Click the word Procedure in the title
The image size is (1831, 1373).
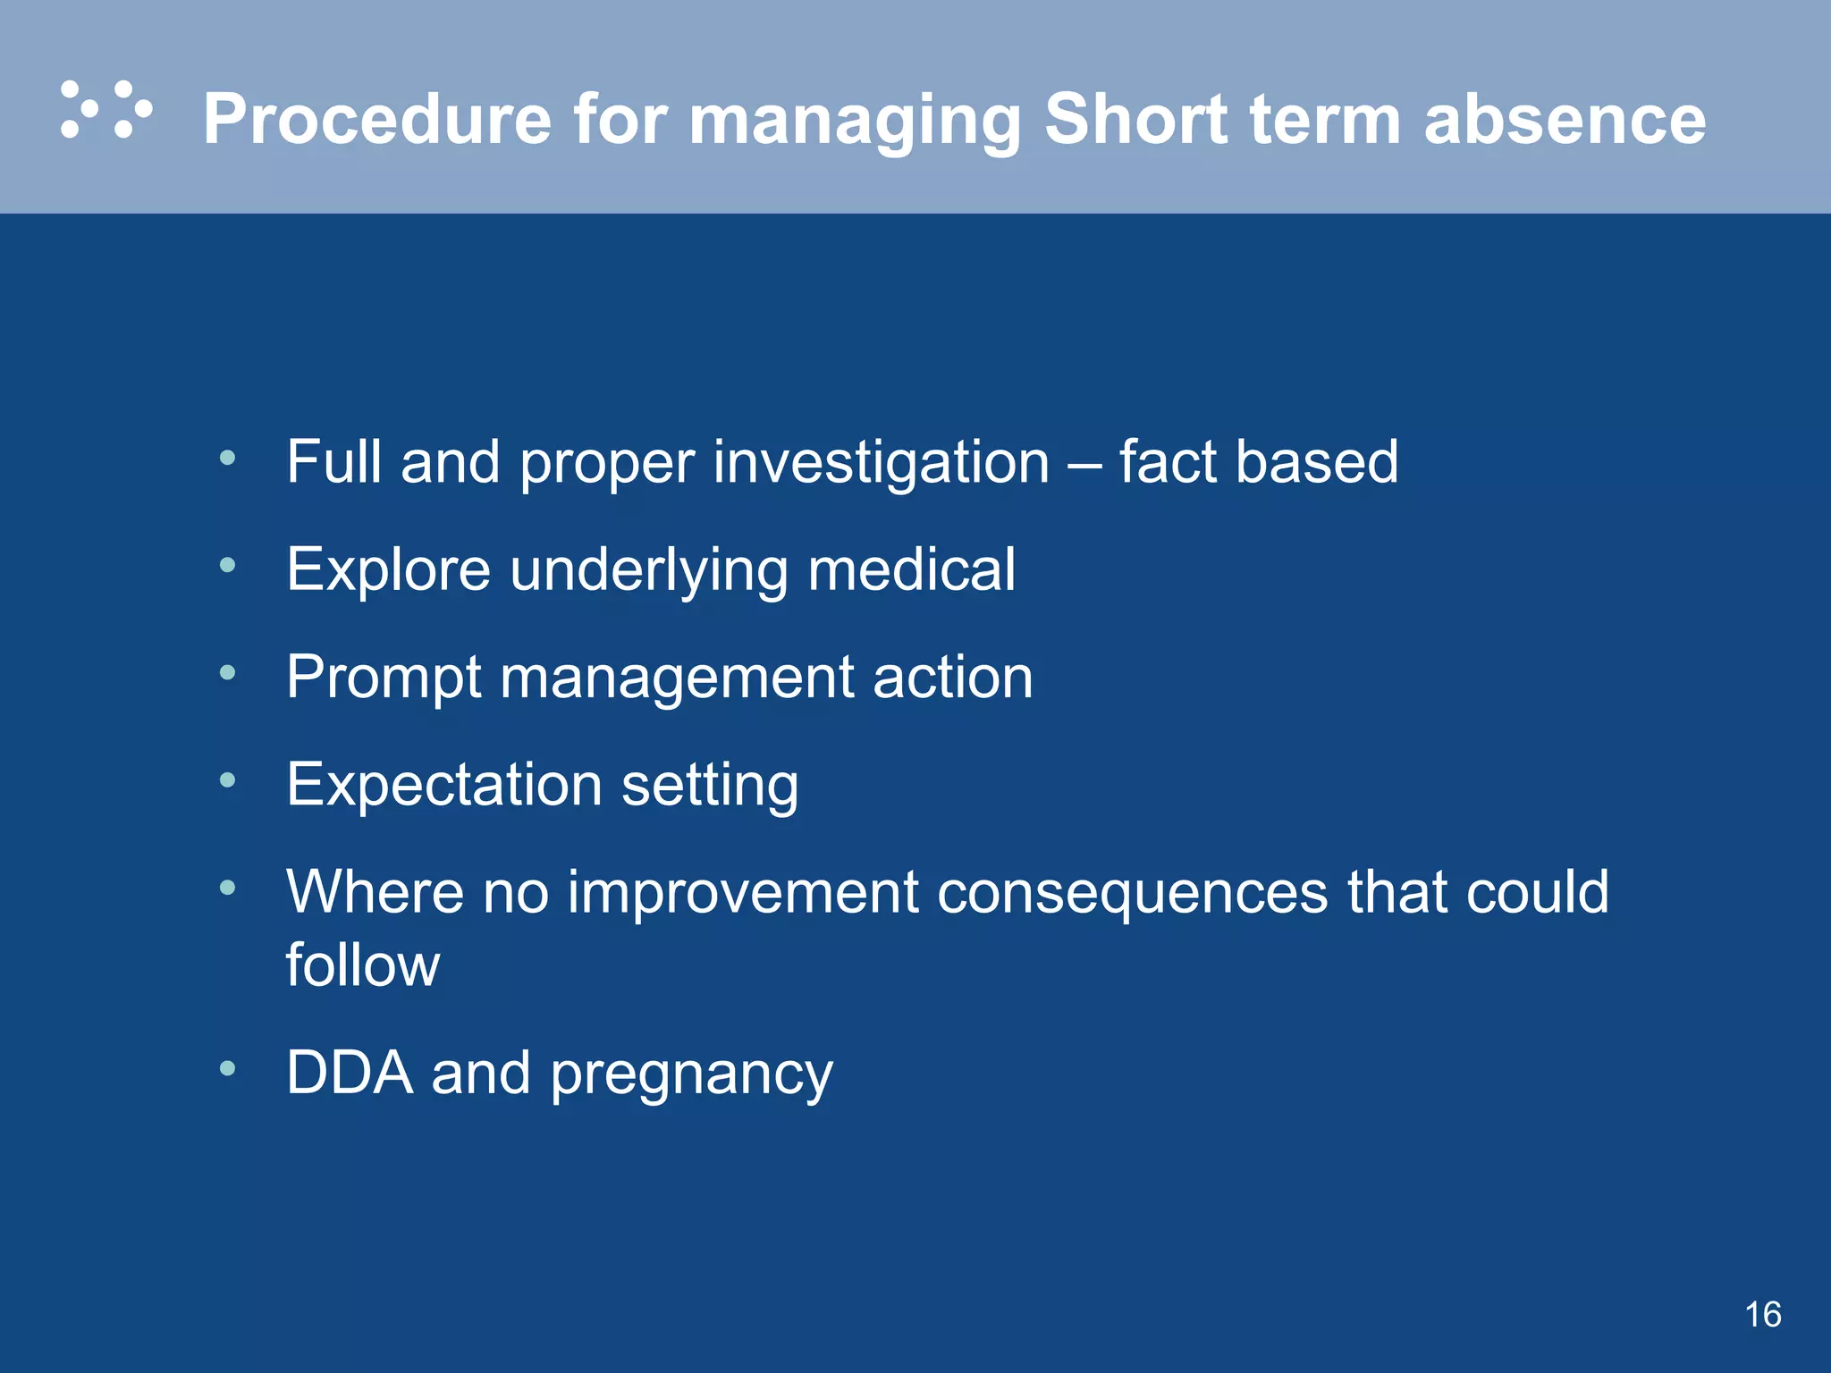377,120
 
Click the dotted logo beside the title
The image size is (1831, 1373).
106,110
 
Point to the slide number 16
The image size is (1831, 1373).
1762,1315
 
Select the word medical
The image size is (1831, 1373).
911,569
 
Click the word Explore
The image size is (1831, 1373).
388,570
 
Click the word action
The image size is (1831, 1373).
952,678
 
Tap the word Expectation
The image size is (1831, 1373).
443,785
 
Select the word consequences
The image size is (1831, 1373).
1132,893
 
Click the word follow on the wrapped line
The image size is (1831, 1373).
362,964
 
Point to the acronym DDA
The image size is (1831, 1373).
349,1073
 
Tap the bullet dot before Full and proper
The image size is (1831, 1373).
228,459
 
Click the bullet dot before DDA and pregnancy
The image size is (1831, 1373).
228,1068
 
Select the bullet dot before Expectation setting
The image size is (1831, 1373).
228,780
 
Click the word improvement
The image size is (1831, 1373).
742,893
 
